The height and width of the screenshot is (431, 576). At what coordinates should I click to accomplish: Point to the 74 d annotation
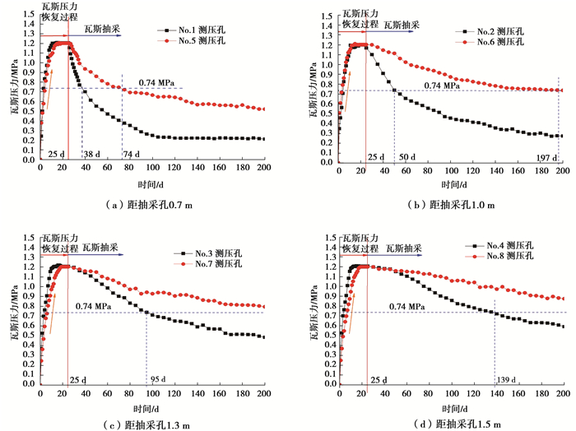pyautogui.click(x=132, y=154)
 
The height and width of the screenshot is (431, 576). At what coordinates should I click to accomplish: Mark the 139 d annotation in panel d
pyautogui.click(x=507, y=379)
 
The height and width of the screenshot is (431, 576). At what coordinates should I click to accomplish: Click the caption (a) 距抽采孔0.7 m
pyautogui.click(x=141, y=197)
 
